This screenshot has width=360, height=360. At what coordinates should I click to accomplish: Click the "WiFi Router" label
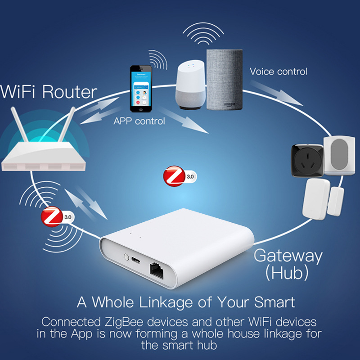49,92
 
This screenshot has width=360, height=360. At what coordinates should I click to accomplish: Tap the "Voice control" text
279,71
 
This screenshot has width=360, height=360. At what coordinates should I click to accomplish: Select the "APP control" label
139,121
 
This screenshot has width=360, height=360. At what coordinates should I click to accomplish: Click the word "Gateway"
288,256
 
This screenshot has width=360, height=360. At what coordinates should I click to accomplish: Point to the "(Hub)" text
287,272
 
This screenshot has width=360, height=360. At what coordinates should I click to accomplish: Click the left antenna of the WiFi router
20,128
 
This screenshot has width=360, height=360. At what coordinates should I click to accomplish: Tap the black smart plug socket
307,160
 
